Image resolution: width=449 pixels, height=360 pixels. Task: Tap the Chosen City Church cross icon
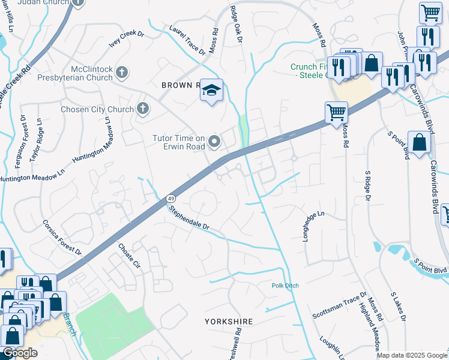(x=142, y=109)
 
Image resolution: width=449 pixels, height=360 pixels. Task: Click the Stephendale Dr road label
(x=188, y=219)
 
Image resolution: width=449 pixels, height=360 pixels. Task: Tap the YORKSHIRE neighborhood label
(x=228, y=322)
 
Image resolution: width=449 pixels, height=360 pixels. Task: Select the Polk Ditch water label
(x=285, y=286)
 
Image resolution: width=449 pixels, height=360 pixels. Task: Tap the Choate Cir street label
(x=128, y=254)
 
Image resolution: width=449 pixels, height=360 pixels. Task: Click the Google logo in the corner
(x=20, y=353)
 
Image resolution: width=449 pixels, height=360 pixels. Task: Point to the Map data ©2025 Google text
(x=412, y=355)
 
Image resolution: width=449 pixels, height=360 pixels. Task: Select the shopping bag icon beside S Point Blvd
(x=419, y=143)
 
